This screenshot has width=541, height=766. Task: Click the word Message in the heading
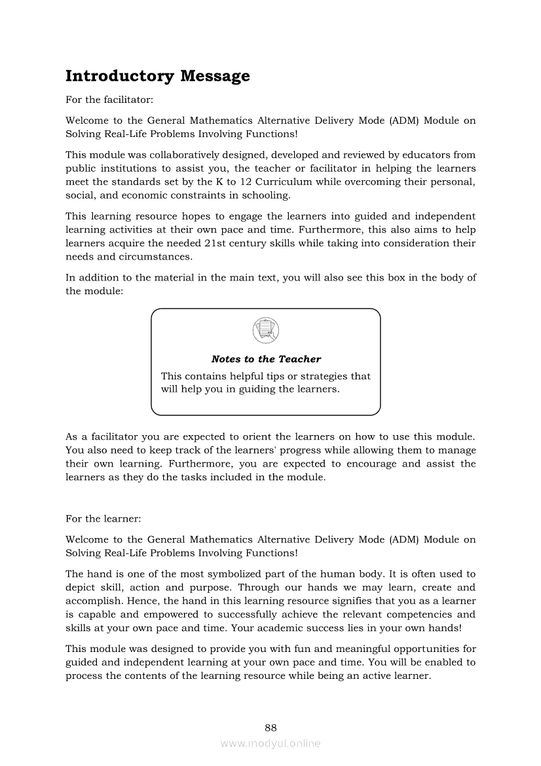coord(215,76)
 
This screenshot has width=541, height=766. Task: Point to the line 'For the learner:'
coord(103,519)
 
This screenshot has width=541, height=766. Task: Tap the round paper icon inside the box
coord(265,330)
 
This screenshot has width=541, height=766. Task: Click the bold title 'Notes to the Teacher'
coord(266,359)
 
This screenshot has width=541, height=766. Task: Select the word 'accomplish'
coord(91,601)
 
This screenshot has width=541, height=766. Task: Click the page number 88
coord(270,727)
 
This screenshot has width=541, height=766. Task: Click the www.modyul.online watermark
coord(270,743)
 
